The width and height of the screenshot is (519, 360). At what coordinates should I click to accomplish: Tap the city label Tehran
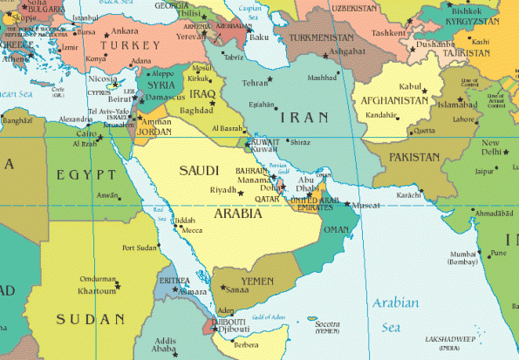point(255,83)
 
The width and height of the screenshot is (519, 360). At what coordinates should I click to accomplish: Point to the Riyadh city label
point(223,189)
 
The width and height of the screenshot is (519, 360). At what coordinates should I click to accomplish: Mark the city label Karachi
point(407,195)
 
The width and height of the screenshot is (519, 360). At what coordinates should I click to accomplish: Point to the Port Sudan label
point(140,247)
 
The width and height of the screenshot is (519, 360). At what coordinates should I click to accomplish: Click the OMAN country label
point(336,229)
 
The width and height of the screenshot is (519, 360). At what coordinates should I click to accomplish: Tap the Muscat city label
point(364,205)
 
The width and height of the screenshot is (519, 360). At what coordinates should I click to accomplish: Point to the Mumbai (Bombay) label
point(461,256)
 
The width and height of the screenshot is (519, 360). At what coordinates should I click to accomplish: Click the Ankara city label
point(126,31)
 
